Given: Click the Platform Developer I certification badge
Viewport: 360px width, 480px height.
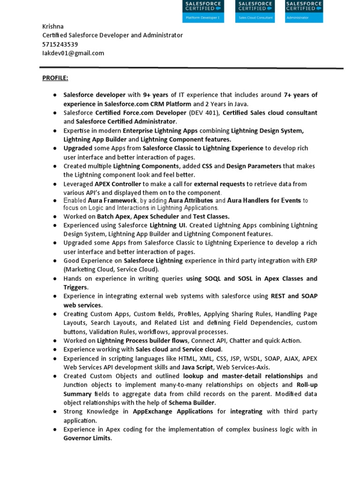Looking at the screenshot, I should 203,11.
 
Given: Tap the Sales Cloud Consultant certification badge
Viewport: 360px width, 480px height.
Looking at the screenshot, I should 255,11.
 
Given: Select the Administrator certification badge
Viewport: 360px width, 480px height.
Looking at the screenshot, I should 303,11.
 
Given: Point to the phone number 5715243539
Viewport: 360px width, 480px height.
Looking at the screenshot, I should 60,44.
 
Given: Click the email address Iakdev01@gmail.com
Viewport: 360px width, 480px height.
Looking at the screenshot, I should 73,53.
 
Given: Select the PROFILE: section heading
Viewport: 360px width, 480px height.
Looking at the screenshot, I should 55,77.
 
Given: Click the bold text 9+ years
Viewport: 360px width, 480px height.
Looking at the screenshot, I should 156,95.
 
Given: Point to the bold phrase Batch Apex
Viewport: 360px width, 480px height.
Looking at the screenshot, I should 114,217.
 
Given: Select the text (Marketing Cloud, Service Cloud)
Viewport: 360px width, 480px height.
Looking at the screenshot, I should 111,270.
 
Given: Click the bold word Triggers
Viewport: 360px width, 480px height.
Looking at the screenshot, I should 75,287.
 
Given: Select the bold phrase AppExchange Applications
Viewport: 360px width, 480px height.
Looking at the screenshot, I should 173,412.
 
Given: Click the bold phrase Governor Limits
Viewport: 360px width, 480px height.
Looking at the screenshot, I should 87,438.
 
